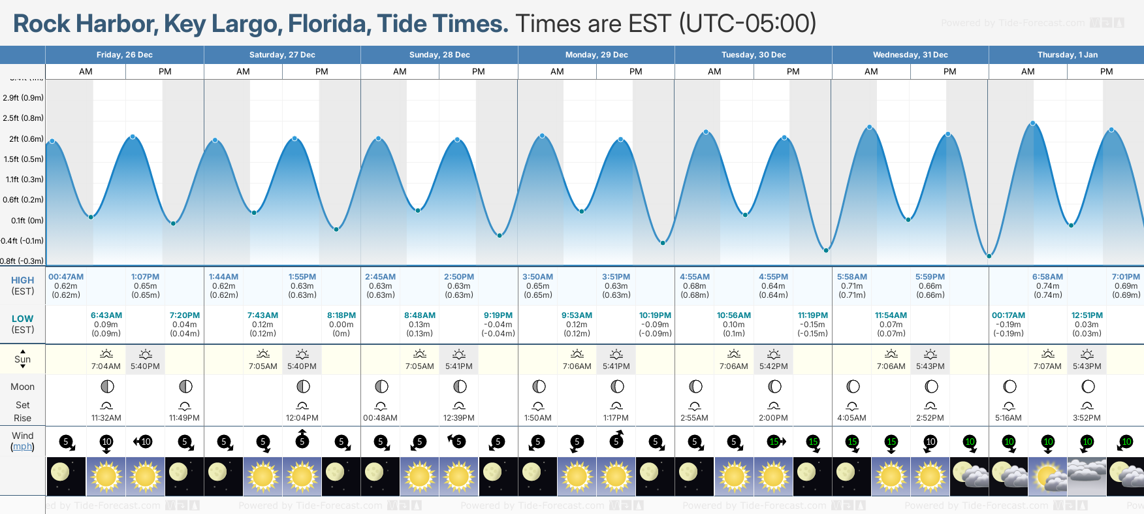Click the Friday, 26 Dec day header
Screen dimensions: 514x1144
[x=124, y=55]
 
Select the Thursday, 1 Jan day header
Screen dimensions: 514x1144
[x=1067, y=55]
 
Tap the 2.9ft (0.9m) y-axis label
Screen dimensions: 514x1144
[x=23, y=98]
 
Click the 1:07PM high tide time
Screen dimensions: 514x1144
[x=145, y=277]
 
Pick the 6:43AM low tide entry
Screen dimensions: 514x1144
[x=106, y=315]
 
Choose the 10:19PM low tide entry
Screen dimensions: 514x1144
[x=655, y=315]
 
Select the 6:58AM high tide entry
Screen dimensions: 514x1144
[x=1047, y=277]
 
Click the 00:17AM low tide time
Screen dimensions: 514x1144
[x=1008, y=315]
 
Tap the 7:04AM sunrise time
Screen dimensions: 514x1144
[x=106, y=366]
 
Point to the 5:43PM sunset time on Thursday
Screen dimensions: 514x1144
[x=1087, y=366]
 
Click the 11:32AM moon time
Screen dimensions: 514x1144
[x=106, y=418]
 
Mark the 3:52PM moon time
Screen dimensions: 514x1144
[x=1087, y=418]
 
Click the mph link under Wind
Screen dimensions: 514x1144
[x=22, y=447]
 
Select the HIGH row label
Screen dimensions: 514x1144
[x=22, y=280]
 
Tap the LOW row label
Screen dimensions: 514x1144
[x=22, y=319]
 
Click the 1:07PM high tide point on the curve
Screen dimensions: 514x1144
[x=133, y=137]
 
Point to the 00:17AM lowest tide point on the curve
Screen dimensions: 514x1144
[x=989, y=256]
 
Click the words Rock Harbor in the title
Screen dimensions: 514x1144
[x=84, y=24]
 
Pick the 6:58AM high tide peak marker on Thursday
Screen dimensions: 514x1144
[x=1033, y=123]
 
